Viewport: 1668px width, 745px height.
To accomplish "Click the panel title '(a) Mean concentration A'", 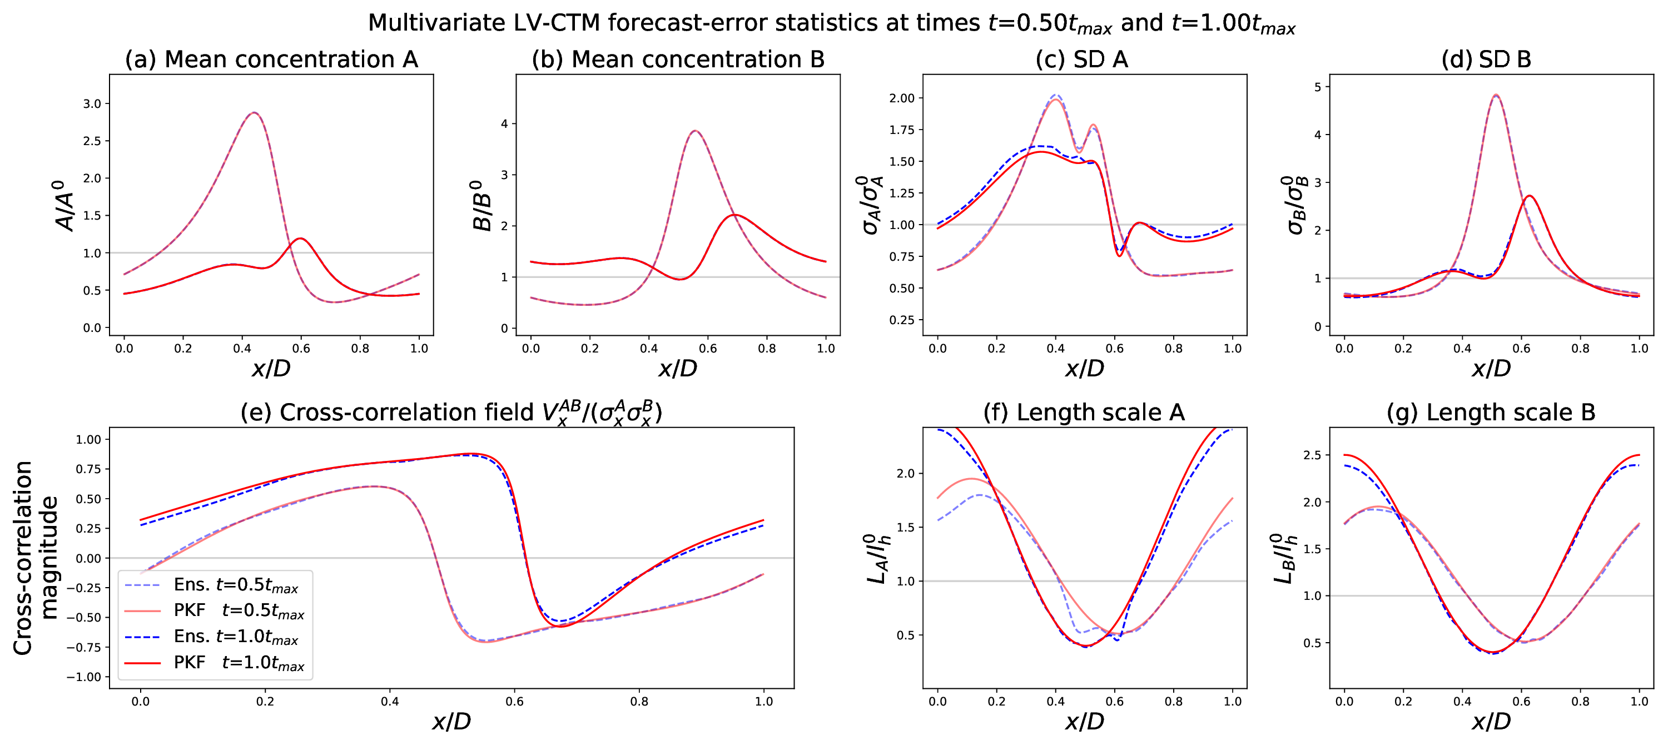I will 271,59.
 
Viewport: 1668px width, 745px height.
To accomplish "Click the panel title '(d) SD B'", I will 1486,59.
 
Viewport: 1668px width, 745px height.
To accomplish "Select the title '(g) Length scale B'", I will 1491,413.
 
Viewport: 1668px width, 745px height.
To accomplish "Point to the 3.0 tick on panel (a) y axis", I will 92,103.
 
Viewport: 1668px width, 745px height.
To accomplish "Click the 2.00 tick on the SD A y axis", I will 901,98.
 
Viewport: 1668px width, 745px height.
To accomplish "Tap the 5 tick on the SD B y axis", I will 1317,87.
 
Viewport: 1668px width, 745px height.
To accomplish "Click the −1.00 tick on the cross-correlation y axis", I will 83,677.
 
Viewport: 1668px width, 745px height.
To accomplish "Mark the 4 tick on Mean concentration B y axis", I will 504,123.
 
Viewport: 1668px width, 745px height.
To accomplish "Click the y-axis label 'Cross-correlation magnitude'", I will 36,558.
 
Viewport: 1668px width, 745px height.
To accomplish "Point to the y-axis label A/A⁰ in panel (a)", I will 64,205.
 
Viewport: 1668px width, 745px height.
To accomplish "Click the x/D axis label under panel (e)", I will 451,721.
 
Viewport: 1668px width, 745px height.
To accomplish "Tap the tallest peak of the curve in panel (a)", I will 255,113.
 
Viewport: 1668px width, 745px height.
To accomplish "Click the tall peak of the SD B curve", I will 1496,95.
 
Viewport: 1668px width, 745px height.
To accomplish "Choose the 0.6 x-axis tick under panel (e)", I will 514,701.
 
